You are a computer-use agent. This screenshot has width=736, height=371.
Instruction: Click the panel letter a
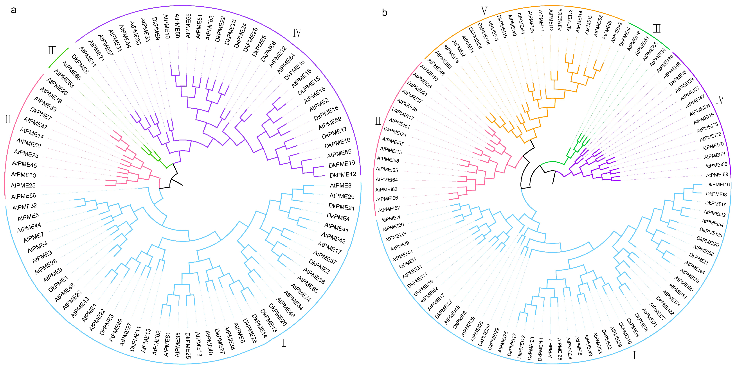click(13, 10)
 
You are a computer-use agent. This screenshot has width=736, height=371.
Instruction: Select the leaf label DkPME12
click(343, 175)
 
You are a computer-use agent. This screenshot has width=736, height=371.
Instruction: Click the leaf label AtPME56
click(23, 196)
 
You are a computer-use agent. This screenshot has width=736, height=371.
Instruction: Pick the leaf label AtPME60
click(23, 175)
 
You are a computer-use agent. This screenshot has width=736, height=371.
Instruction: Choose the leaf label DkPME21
click(341, 207)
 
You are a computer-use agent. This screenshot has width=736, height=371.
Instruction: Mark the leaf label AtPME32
click(25, 207)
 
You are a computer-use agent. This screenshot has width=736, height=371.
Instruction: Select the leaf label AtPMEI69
click(717, 175)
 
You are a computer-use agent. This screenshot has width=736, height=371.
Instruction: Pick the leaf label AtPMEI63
click(386, 189)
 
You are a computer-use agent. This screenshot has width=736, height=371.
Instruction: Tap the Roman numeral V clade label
click(484, 11)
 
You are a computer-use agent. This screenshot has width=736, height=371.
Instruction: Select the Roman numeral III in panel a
click(52, 51)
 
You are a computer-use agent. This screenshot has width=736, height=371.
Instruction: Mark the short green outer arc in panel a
click(59, 58)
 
